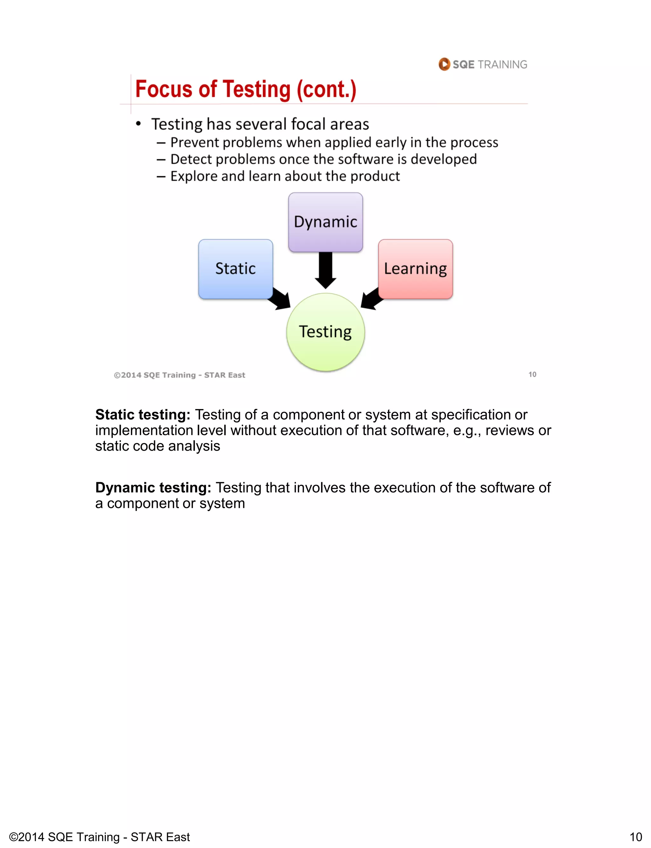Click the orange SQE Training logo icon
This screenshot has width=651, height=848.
pyautogui.click(x=444, y=64)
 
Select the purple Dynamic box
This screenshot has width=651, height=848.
pyautogui.click(x=325, y=222)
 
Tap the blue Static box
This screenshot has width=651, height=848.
pyautogui.click(x=236, y=269)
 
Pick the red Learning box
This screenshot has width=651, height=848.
pyautogui.click(x=415, y=269)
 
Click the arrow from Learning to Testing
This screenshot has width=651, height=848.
pyautogui.click(x=371, y=299)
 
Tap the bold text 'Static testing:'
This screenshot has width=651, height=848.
pyautogui.click(x=143, y=414)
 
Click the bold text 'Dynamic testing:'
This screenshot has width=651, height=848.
pyautogui.click(x=153, y=487)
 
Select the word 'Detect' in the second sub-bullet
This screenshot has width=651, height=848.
pyautogui.click(x=191, y=159)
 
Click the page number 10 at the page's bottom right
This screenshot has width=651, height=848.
pyautogui.click(x=635, y=837)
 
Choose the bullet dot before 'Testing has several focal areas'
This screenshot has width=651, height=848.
pyautogui.click(x=138, y=124)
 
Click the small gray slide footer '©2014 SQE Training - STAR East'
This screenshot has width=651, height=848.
pyautogui.click(x=179, y=375)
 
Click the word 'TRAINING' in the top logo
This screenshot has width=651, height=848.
pyautogui.click(x=502, y=64)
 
